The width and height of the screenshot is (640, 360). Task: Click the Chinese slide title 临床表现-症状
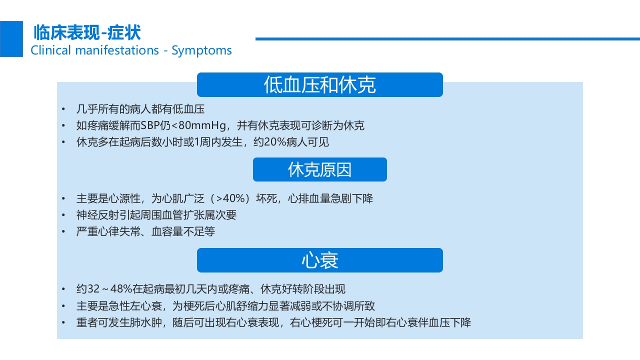coord(87,33)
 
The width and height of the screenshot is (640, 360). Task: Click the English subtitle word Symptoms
coord(201,50)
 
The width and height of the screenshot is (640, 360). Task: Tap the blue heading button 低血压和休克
coord(319,85)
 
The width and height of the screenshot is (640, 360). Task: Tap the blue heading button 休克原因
coord(319,169)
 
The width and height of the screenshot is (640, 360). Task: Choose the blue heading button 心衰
coord(319,260)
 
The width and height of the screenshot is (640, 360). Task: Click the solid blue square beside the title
coord(11,39)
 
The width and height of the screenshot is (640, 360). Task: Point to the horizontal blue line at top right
coord(447,38)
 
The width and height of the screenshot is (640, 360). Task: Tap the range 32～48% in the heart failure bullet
coord(109,289)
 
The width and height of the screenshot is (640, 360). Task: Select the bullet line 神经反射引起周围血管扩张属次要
coord(156,215)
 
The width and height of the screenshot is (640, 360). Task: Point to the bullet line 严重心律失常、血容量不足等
coord(145,231)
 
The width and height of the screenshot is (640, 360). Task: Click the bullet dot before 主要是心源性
coord(63,199)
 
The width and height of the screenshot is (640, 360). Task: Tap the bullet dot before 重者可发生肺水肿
coord(63,323)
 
